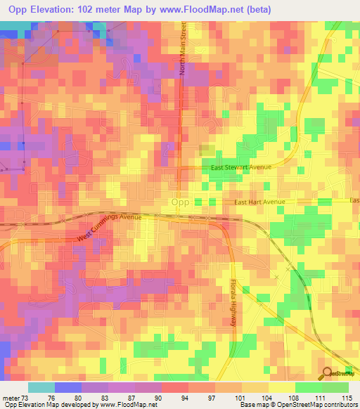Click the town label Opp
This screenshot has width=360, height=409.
pos(179,202)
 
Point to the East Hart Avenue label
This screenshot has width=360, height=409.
pos(259,202)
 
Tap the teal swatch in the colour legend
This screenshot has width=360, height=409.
pos(41,387)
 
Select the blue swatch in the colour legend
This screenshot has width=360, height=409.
pos(68,387)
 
